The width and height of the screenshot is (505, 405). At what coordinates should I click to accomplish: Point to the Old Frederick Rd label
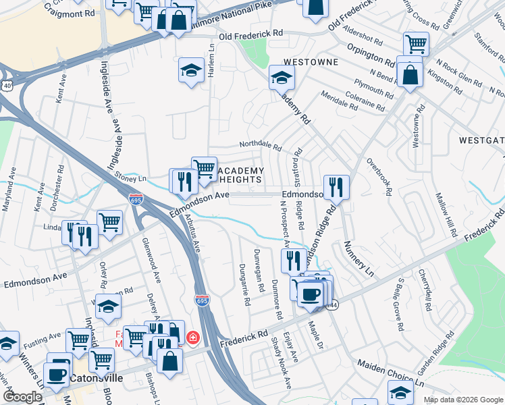250,33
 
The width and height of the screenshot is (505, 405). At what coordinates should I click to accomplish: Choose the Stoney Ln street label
131,179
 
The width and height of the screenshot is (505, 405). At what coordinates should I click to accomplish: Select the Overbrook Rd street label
379,177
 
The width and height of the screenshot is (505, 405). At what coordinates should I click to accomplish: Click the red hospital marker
193,335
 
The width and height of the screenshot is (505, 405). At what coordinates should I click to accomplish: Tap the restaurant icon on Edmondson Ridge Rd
336,187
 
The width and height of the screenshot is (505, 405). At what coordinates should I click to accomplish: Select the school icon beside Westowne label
282,77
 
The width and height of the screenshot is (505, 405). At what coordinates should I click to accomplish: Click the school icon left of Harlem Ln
191,69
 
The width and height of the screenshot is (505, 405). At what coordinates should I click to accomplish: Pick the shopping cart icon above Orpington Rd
416,44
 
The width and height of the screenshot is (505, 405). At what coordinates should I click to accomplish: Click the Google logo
22,397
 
